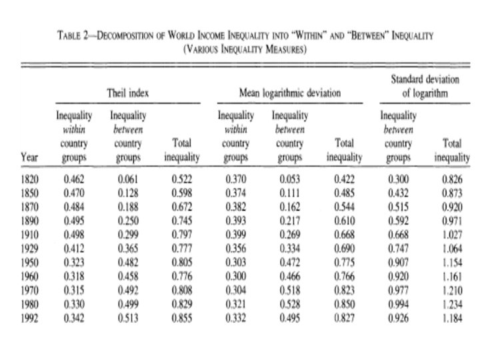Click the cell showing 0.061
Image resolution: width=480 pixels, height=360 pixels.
click(128, 179)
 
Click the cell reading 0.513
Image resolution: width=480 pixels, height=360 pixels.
click(128, 317)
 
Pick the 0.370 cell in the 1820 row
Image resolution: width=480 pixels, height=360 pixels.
click(235, 179)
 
